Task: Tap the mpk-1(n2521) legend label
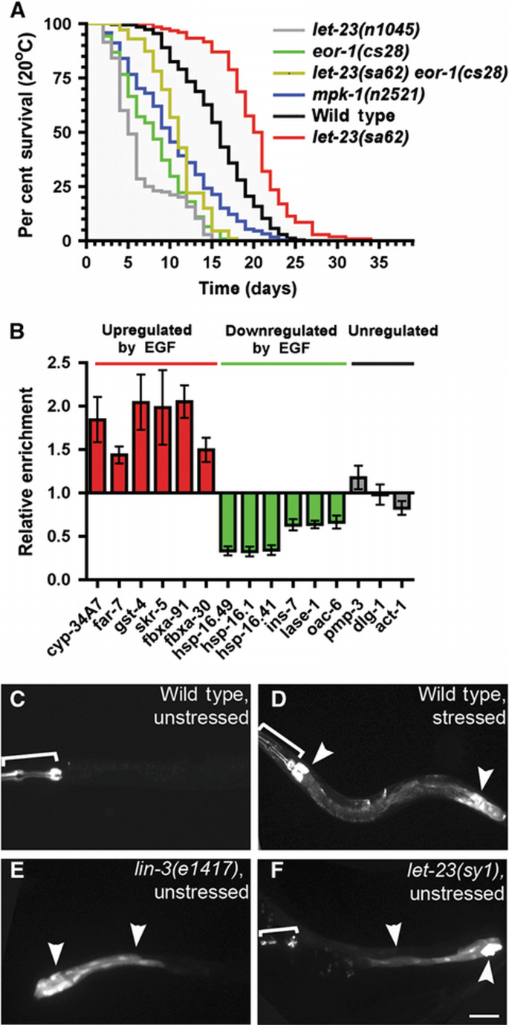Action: [x=349, y=95]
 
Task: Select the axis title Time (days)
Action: [x=238, y=286]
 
